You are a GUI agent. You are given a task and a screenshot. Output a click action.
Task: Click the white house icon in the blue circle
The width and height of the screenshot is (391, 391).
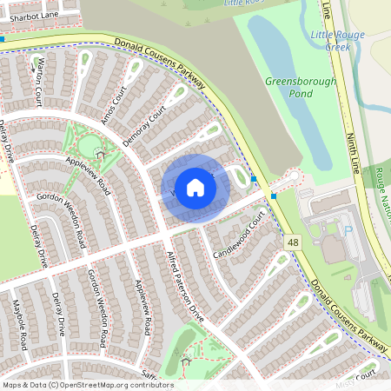pos(195,188)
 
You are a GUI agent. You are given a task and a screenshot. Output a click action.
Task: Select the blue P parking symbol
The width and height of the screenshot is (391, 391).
pos(348,231)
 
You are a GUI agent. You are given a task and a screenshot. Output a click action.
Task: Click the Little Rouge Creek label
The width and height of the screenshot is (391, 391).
pos(337,38)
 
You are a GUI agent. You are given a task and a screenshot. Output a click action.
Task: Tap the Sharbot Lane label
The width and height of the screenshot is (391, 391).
pos(29,16)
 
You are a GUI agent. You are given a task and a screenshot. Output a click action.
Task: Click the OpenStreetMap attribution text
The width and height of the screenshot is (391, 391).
pos(87,385)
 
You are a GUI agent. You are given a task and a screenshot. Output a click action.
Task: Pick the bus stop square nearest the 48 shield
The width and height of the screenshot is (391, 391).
pos(274,196)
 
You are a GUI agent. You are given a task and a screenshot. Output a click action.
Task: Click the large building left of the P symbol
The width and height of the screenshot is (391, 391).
pos(333,250)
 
